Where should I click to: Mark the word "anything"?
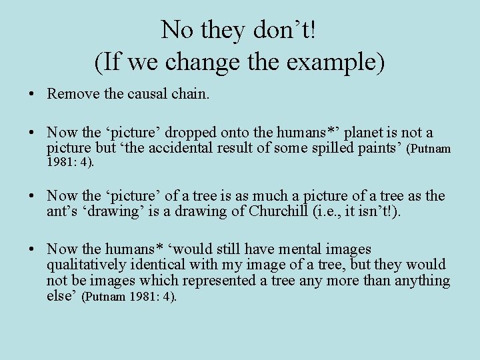coord(422,280)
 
